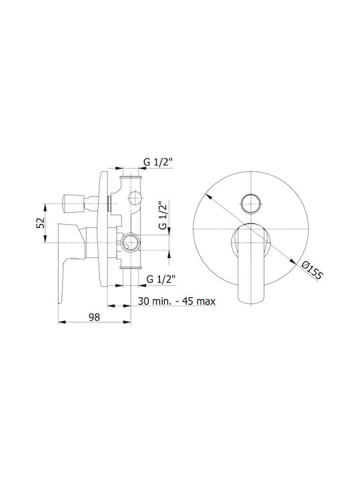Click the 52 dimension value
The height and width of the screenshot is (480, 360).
point(41,223)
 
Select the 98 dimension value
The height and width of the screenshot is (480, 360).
point(94,317)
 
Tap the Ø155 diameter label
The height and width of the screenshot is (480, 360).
point(311,270)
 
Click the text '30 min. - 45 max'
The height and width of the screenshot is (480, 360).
point(177,301)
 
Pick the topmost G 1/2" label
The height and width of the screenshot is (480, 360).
point(158,162)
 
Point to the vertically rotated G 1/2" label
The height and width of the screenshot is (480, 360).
point(163,215)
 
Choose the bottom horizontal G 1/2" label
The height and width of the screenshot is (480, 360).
point(161,279)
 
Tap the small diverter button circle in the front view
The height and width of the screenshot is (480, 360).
point(251,203)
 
